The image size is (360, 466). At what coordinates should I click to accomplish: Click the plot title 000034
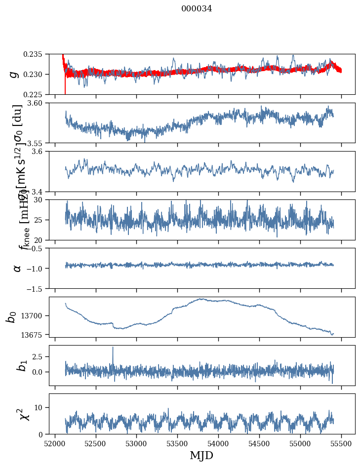tap(197, 8)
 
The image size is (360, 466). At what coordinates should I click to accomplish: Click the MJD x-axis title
tap(201, 456)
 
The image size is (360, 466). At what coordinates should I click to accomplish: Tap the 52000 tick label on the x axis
tap(55, 443)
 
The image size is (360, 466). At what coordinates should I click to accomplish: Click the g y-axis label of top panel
tap(14, 74)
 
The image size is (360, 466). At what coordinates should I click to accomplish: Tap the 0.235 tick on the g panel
tap(35, 54)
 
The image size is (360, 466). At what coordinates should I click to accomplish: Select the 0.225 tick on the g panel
tap(35, 94)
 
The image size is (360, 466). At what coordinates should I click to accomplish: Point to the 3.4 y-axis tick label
tap(39, 191)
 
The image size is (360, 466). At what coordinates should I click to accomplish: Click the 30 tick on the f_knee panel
tap(41, 200)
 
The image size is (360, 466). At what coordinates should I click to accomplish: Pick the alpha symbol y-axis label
tap(17, 268)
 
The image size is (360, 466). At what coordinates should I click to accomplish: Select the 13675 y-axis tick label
tap(36, 335)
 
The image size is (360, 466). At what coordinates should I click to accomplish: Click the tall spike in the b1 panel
tap(113, 348)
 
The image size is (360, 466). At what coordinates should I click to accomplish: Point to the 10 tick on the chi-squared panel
tap(41, 407)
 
